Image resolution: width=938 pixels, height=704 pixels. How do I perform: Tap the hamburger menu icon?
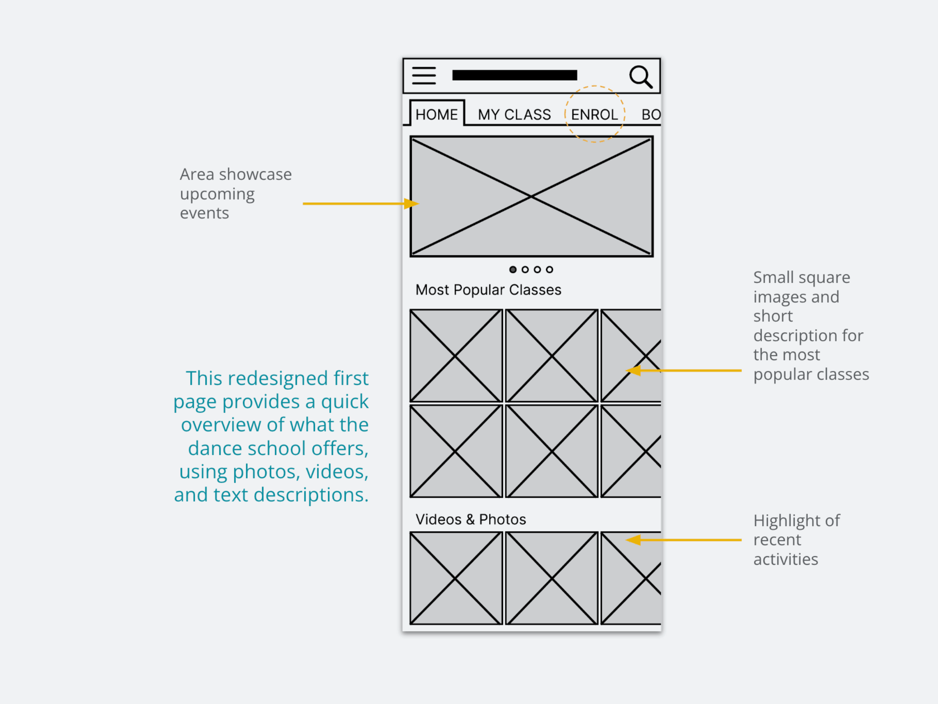click(424, 76)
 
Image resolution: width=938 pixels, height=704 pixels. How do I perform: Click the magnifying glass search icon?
click(640, 76)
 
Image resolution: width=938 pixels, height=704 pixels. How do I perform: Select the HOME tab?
click(436, 115)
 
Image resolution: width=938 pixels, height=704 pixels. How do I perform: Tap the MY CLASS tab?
click(514, 115)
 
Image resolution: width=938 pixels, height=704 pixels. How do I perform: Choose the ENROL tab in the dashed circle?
click(594, 115)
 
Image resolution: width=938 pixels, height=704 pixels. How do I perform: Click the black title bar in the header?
click(514, 75)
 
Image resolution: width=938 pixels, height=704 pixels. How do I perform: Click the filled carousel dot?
click(513, 269)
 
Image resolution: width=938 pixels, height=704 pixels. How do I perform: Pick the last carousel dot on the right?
click(549, 269)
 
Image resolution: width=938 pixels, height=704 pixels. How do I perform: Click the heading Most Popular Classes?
click(488, 290)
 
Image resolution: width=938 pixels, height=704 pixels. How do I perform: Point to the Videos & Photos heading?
click(471, 519)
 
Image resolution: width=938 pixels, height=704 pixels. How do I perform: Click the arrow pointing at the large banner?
click(361, 204)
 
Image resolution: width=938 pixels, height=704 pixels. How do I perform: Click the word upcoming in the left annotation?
click(217, 194)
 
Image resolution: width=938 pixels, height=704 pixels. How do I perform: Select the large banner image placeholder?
click(531, 196)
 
